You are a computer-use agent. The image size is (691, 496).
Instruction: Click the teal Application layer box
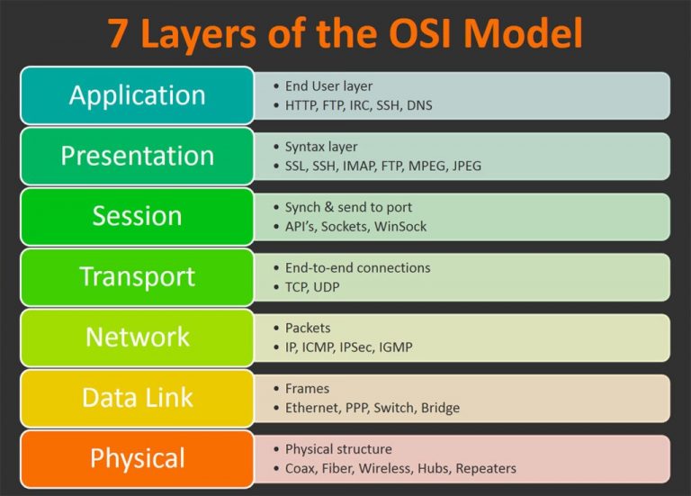click(137, 95)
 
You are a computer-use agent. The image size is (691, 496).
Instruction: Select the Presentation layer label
click(137, 156)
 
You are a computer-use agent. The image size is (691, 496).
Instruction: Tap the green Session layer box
click(137, 216)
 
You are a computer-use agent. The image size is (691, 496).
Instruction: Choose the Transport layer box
click(137, 276)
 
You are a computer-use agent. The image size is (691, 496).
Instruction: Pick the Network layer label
click(137, 337)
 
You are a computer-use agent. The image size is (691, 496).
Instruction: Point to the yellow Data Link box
click(137, 397)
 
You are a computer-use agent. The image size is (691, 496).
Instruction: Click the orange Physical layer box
click(137, 457)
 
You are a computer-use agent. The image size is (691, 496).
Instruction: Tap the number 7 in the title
click(117, 33)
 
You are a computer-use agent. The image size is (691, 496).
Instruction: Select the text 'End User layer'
click(328, 86)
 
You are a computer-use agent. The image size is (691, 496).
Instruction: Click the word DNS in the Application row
click(418, 105)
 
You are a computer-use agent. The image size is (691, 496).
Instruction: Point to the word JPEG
click(467, 166)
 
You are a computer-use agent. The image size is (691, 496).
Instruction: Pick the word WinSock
click(401, 226)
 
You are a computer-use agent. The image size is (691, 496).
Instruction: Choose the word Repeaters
click(486, 468)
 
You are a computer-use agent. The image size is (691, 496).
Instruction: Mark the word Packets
click(308, 328)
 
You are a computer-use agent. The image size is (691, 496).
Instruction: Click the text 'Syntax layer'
click(321, 147)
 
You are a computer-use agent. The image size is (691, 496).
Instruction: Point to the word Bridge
click(440, 408)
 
